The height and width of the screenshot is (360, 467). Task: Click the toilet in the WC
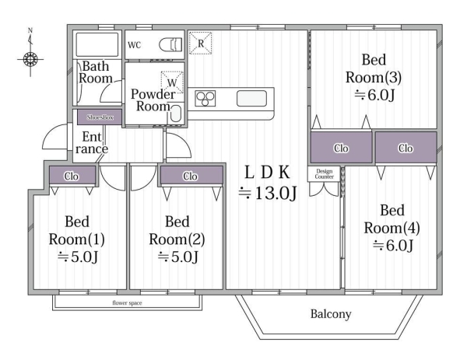(170, 45)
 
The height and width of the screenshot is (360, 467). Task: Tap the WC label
(135, 45)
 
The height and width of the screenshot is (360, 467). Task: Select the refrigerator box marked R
(201, 43)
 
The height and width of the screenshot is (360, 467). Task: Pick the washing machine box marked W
(172, 82)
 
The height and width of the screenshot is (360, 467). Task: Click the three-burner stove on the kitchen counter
(205, 99)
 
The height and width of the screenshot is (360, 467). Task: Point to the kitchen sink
(251, 99)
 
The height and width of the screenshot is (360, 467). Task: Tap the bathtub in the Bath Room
(97, 44)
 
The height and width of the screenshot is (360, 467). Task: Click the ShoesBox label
(100, 117)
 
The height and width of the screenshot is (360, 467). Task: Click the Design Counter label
(324, 173)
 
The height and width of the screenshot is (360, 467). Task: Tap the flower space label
(127, 303)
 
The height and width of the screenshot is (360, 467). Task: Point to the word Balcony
(331, 314)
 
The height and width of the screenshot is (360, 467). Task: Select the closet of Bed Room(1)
(72, 175)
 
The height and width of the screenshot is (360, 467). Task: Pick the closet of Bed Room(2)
(191, 175)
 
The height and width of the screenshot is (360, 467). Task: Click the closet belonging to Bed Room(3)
(342, 148)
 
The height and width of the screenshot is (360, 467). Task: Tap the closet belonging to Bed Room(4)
(406, 148)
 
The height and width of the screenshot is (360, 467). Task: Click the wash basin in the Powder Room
(176, 114)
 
